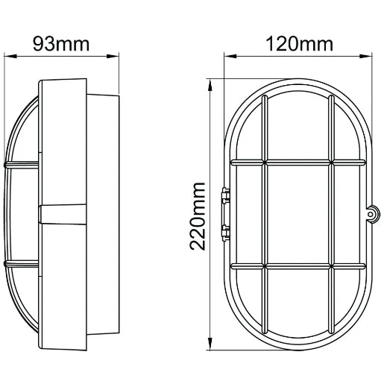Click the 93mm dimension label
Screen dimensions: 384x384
click(63, 43)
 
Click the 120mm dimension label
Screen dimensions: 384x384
click(298, 43)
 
